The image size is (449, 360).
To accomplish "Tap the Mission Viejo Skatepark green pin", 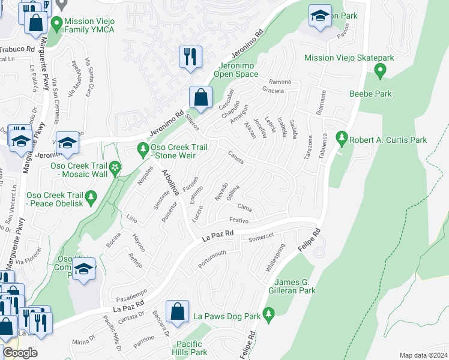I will pyautogui.click(x=379, y=71).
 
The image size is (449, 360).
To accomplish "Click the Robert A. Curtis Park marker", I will pyautogui.click(x=342, y=139).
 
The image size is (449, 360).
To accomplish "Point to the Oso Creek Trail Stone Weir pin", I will pyautogui.click(x=143, y=147).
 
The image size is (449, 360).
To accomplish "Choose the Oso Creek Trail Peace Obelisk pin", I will pyautogui.click(x=91, y=196).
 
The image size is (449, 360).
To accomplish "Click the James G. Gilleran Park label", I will pyautogui.click(x=295, y=286).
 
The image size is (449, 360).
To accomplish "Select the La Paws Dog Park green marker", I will pyautogui.click(x=268, y=313).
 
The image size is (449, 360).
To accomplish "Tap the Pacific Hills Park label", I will pyautogui.click(x=191, y=348).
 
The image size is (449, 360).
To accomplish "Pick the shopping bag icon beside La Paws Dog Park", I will pyautogui.click(x=177, y=312).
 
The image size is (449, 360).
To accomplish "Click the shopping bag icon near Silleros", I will pyautogui.click(x=200, y=97).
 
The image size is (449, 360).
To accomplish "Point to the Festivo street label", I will pyautogui.click(x=239, y=220).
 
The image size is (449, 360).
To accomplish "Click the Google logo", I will pyautogui.click(x=20, y=353).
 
